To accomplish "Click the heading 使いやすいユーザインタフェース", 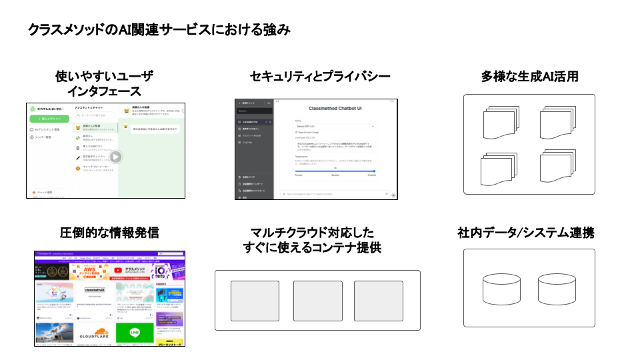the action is tap(103, 85).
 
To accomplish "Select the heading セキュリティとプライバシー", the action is tap(319, 77).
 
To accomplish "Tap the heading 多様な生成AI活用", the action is tap(529, 77).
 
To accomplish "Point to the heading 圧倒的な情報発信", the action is tap(109, 233).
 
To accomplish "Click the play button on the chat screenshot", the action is tap(115, 157).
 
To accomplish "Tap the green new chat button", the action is tap(49, 118).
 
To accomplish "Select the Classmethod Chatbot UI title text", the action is tap(336, 108).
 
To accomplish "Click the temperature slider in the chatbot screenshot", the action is tap(335, 171).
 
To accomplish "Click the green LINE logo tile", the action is tap(135, 333).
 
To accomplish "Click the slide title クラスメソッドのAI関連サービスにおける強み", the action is tap(159, 30).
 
